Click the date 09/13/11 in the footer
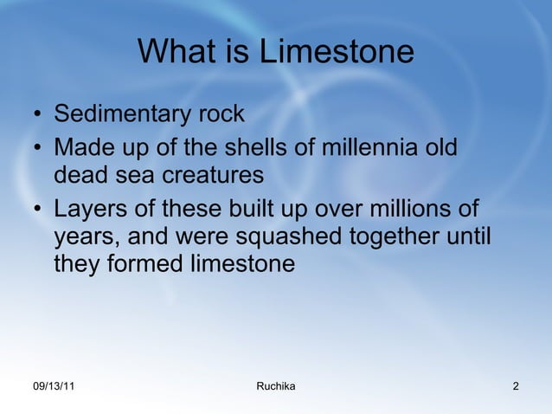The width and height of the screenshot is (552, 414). (x=53, y=385)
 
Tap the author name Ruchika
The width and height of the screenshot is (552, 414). (x=276, y=385)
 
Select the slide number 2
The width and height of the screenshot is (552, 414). (x=516, y=385)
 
